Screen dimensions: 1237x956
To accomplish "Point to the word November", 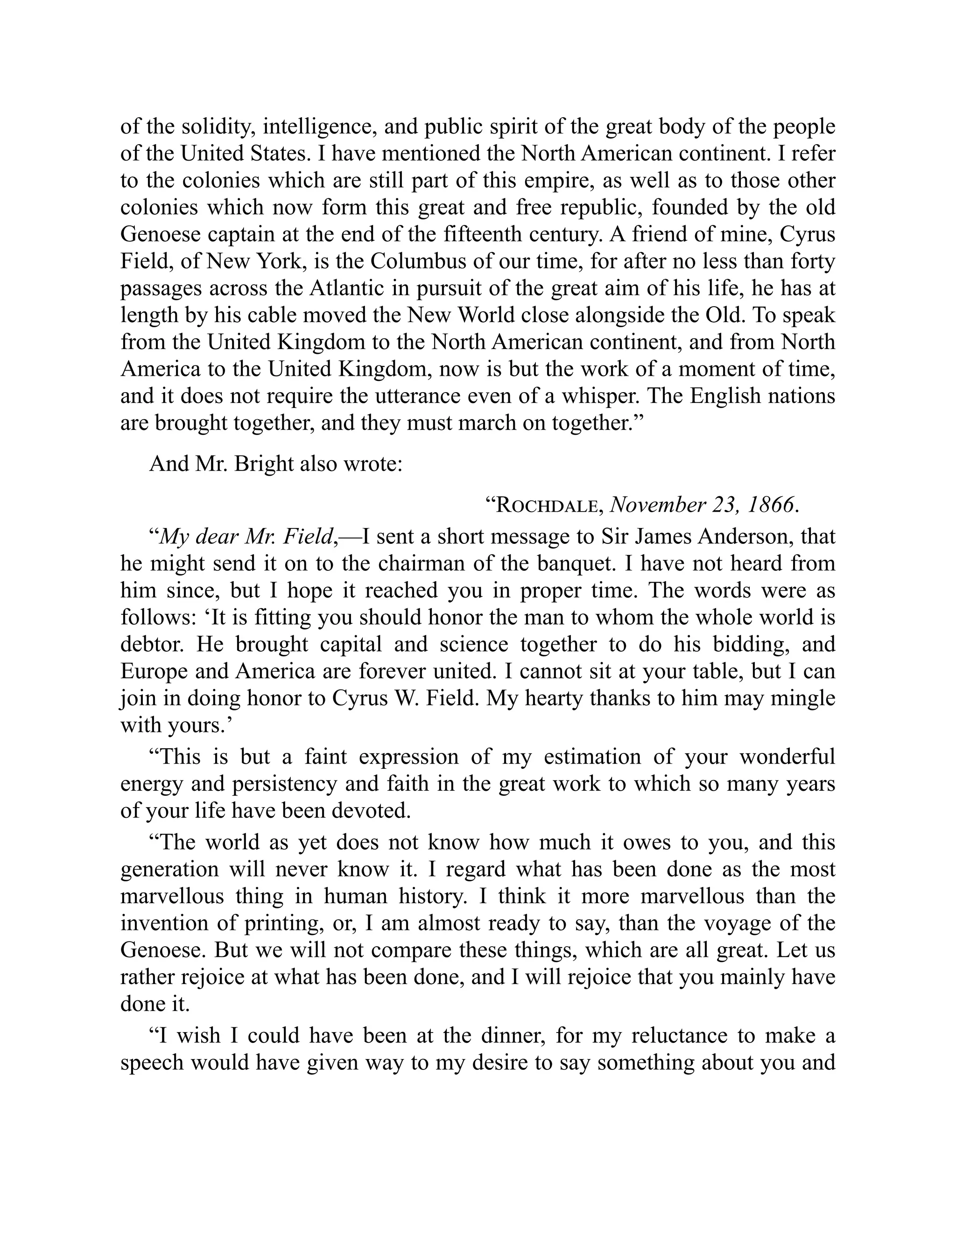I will point(658,505).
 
